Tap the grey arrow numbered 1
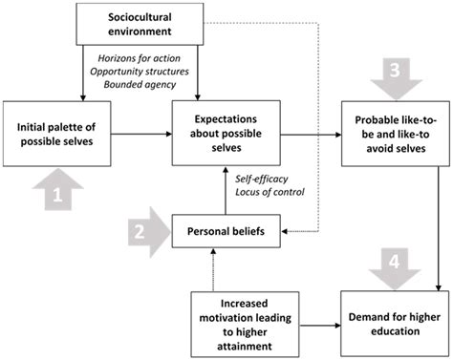click(x=57, y=196)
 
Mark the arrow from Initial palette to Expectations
click(x=139, y=135)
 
